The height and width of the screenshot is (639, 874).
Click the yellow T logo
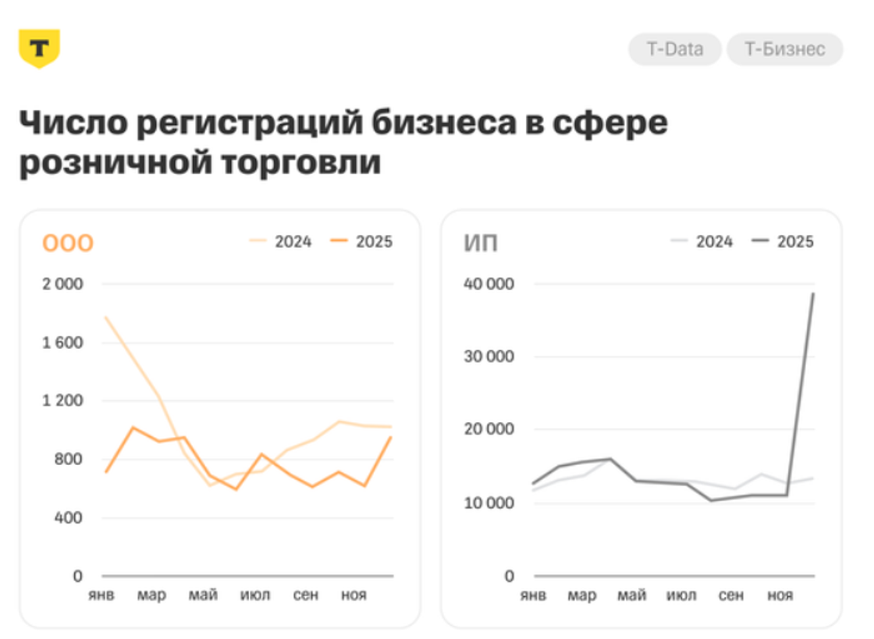(x=39, y=48)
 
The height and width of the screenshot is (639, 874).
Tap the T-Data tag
(x=674, y=49)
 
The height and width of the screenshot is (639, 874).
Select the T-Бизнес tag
(x=784, y=49)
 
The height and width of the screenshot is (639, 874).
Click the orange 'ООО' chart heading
(x=67, y=243)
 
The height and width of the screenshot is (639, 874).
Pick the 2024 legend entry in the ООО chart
(x=281, y=242)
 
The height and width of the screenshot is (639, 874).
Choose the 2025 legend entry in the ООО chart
(x=361, y=242)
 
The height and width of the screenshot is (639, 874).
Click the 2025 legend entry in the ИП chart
(x=783, y=242)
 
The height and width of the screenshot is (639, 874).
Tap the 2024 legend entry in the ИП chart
(x=702, y=242)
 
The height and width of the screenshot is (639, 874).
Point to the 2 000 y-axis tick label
(x=62, y=284)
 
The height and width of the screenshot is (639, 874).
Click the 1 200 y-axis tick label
(x=62, y=401)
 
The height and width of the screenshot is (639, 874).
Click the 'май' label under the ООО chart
(x=203, y=595)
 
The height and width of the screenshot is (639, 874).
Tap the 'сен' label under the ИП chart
(x=730, y=596)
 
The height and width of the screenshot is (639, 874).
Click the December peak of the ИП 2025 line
(x=813, y=293)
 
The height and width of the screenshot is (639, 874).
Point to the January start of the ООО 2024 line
(x=105, y=317)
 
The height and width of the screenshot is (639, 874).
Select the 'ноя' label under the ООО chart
(x=354, y=595)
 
